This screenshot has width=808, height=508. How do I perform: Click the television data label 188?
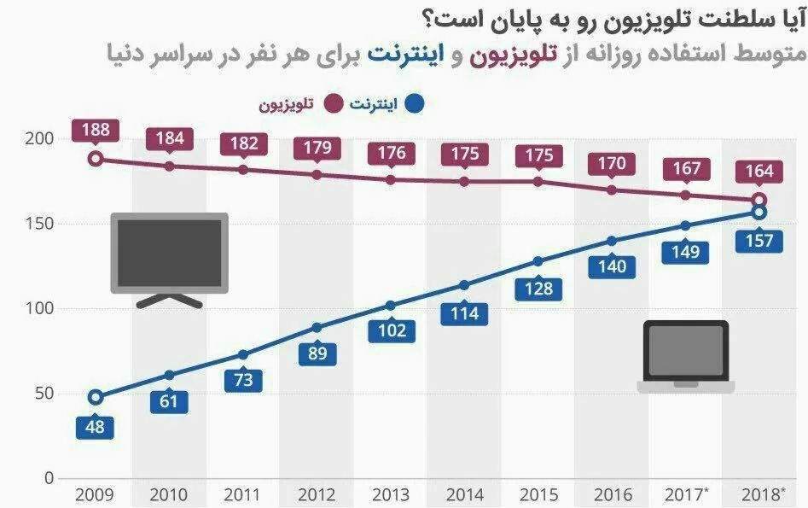96,130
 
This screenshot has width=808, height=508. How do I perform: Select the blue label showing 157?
758,241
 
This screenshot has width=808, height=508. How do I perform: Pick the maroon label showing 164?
758,171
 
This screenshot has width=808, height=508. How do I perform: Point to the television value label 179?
317,146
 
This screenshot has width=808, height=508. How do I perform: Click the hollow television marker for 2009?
96,159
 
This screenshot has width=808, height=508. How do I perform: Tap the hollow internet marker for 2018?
758,212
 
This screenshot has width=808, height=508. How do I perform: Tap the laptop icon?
686,357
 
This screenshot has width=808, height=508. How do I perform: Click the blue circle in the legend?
414,104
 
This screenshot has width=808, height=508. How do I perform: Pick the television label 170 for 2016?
612,162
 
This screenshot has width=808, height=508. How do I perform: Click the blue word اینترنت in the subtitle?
404,57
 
